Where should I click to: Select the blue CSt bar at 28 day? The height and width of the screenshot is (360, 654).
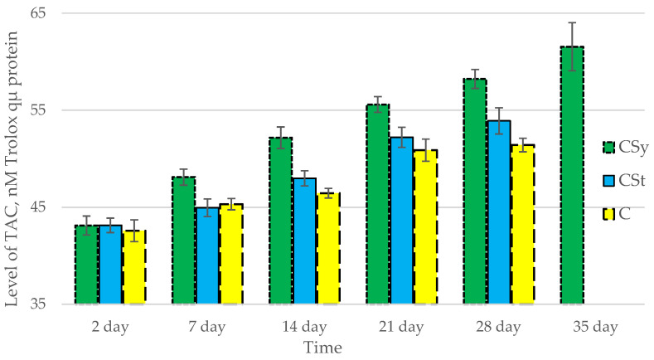(499, 212)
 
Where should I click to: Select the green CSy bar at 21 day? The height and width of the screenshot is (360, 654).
(378, 204)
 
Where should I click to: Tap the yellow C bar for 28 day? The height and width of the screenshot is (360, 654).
(523, 224)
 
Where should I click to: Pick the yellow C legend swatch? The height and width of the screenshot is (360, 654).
(608, 214)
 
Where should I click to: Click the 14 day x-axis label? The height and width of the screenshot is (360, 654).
(304, 327)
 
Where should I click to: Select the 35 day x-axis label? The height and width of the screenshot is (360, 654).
(595, 327)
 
